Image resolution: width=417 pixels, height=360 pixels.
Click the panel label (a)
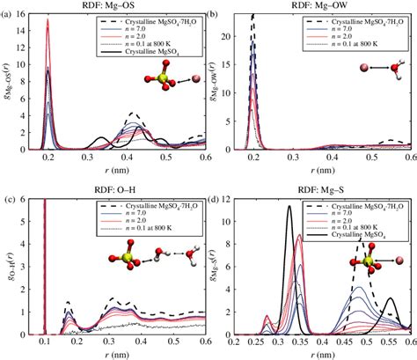[x=10, y=15]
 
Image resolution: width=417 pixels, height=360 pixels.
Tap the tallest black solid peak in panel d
[x=288, y=207]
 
